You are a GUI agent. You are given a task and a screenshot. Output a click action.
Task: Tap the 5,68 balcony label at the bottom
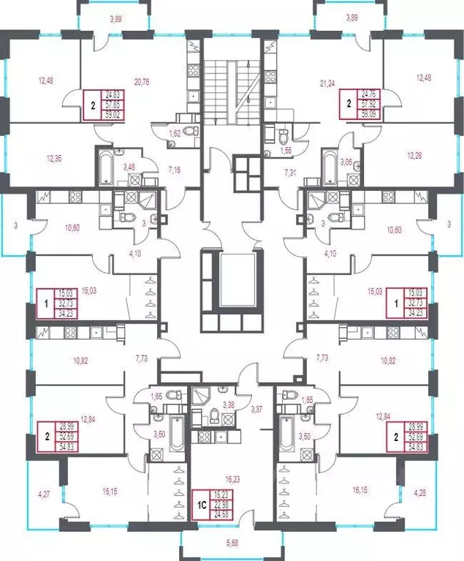[x=231, y=542]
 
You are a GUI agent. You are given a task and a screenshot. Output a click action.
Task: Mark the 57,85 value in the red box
[x=113, y=105]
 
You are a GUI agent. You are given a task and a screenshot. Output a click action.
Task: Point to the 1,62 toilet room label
[x=175, y=135]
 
